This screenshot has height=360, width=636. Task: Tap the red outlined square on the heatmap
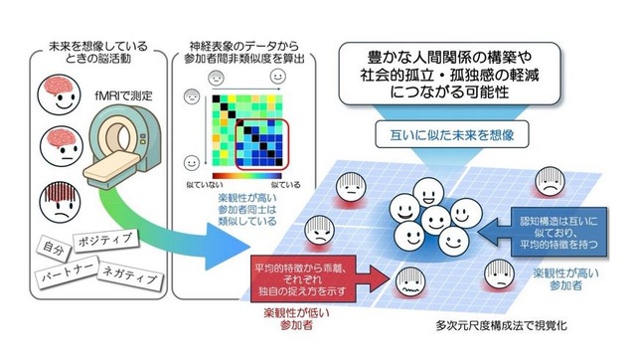[x=254, y=149]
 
